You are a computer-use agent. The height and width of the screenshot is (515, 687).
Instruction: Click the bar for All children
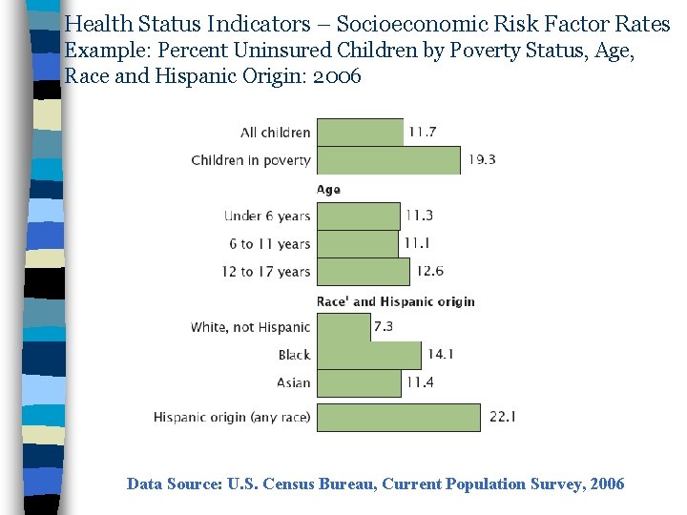pos(360,133)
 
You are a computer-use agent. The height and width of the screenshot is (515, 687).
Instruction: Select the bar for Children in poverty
pos(388,160)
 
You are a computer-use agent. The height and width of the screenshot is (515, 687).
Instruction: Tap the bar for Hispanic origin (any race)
pos(398,417)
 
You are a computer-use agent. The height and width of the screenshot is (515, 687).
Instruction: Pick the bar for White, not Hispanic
pos(343,327)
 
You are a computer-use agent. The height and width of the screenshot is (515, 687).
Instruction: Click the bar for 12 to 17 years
pos(364,271)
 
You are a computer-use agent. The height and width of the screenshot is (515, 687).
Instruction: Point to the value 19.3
pos(481,160)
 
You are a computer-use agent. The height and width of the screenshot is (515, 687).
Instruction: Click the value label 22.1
pos(503,417)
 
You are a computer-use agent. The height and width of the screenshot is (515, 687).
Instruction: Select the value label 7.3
pos(384,326)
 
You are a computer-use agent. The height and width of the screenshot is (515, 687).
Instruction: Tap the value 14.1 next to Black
pos(440,354)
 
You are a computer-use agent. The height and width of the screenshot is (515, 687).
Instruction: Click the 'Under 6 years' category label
pos(267,216)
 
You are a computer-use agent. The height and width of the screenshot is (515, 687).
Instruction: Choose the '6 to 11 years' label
pos(270,243)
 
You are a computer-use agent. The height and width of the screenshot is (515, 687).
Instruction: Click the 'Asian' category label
pos(293,382)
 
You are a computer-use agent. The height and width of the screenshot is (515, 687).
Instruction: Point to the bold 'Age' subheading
pos(328,190)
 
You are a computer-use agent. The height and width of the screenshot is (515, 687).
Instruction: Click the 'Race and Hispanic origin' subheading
pos(395,301)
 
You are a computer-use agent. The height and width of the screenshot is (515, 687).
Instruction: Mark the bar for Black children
pos(368,355)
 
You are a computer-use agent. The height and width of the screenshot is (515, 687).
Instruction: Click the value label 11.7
pos(422,133)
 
